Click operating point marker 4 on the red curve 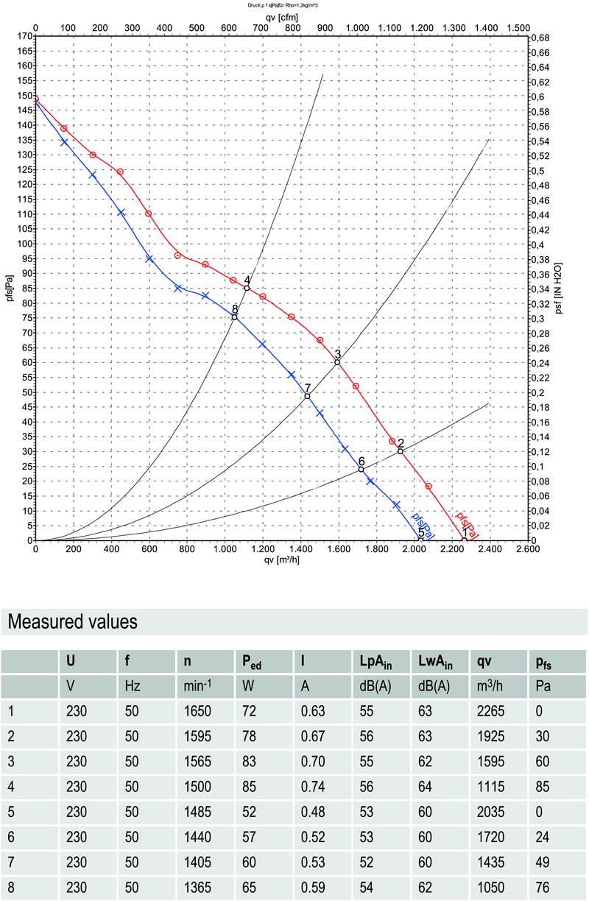tap(247, 288)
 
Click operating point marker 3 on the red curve tap(337, 362)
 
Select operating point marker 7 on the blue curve tap(307, 396)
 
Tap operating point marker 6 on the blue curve tap(361, 469)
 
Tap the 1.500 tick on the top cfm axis tap(518, 27)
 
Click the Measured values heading tap(72, 622)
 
